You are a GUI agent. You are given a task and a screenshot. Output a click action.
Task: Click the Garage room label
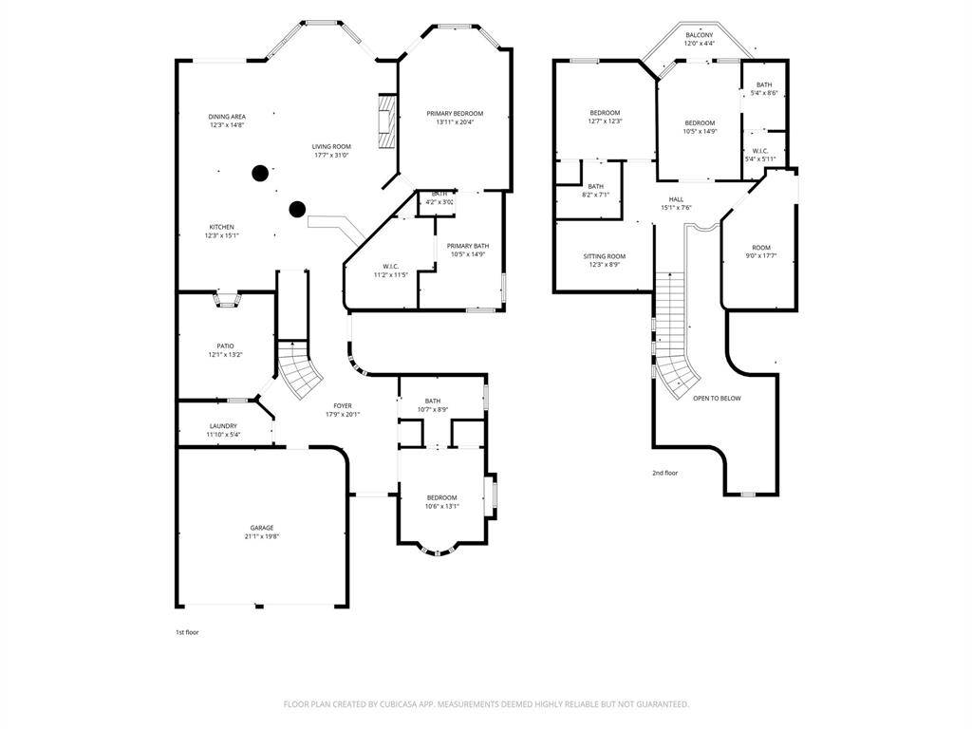[x=262, y=528]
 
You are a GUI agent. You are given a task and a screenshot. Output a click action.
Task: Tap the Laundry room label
[x=223, y=426]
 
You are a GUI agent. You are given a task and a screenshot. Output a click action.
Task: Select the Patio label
[x=225, y=346]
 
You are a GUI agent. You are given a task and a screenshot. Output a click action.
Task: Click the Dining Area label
[x=227, y=117]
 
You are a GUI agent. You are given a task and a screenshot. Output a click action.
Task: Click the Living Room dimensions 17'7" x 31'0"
[x=332, y=155]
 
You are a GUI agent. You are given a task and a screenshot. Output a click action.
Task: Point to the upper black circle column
[x=259, y=173]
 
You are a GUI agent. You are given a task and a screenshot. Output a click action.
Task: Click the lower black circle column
[x=297, y=209]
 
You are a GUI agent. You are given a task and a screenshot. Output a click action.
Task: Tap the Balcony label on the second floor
[x=700, y=35]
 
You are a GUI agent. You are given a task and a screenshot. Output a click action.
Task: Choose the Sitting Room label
[x=605, y=256]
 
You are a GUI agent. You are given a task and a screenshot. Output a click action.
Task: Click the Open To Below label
[x=717, y=399]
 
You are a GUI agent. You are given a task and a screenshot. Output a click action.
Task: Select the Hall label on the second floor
[x=676, y=199]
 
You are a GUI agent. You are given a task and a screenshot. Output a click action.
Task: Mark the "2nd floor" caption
[x=664, y=473]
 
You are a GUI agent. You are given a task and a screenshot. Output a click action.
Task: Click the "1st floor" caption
[x=187, y=632]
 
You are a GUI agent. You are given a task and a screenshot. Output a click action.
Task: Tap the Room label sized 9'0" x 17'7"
[x=761, y=248]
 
